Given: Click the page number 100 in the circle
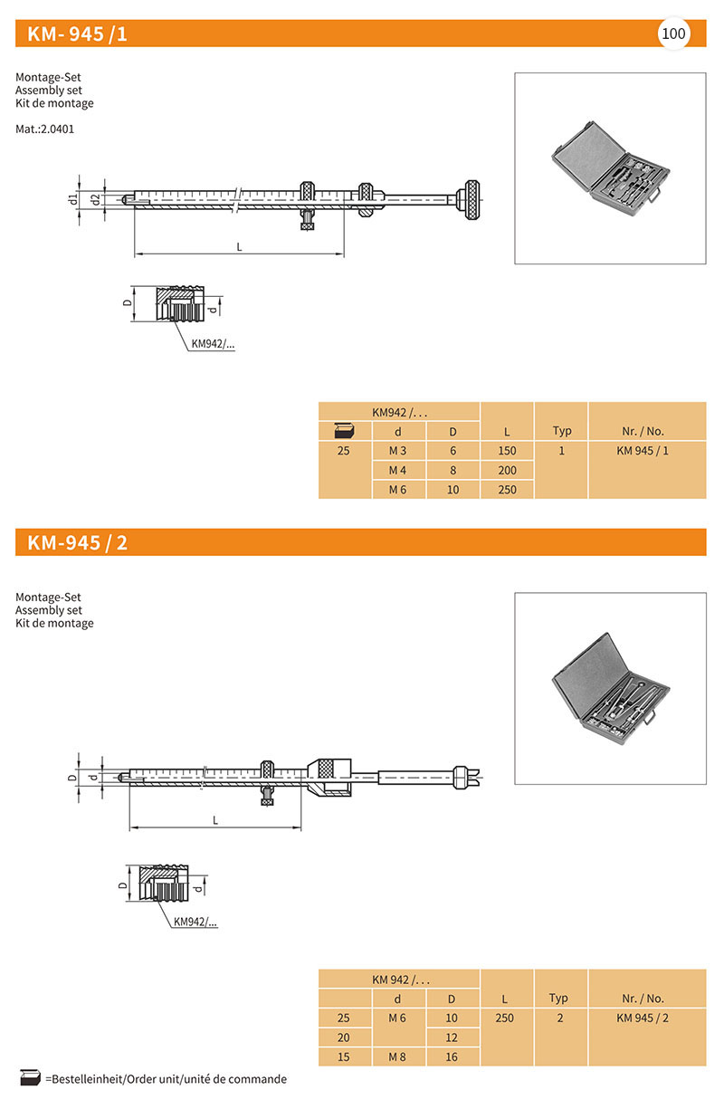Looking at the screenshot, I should tap(674, 34).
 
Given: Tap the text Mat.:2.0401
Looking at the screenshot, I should tap(44, 129).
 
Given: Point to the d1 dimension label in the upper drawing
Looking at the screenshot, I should tap(73, 199).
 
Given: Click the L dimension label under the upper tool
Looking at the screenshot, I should tap(239, 246).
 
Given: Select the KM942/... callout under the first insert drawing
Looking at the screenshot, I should tap(213, 344).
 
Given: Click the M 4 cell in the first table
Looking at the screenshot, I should tap(398, 470).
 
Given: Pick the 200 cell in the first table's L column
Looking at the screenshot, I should tap(507, 470).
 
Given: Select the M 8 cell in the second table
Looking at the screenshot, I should tap(398, 1056).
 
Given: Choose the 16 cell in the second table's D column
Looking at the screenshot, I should tap(452, 1056).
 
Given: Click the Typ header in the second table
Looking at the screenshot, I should tap(558, 998).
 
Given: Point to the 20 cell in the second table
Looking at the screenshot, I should tap(343, 1037).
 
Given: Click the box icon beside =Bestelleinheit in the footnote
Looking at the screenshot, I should tap(30, 1078).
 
